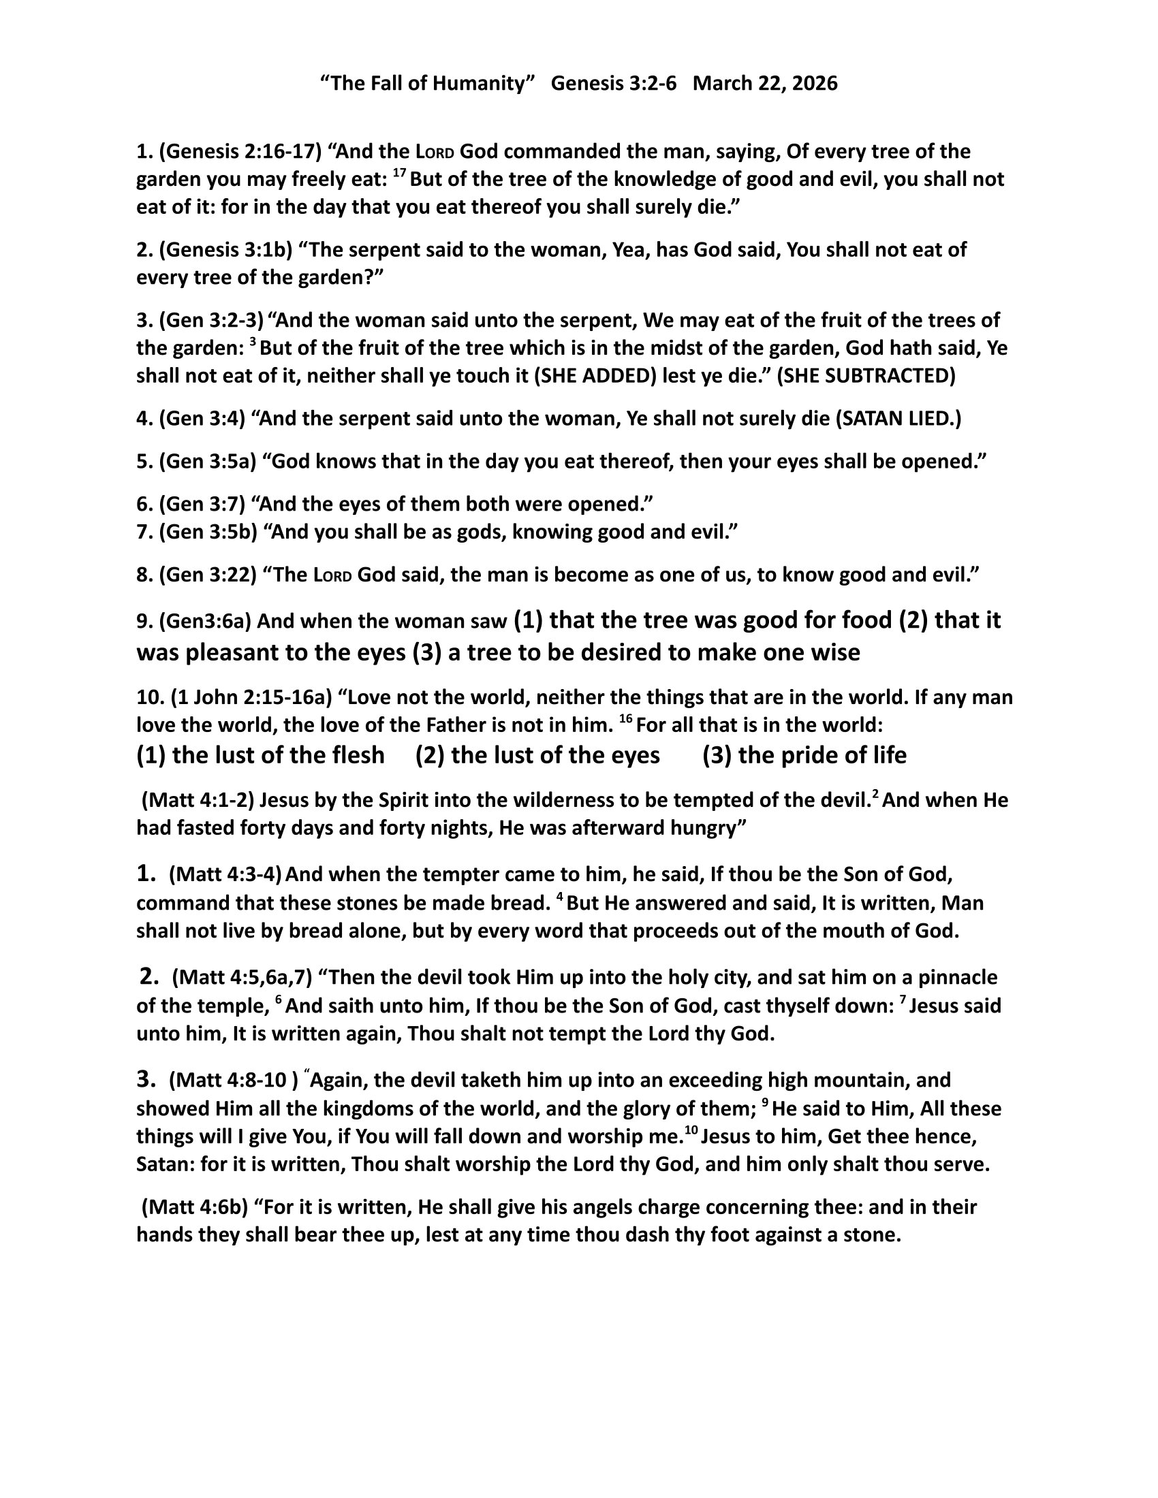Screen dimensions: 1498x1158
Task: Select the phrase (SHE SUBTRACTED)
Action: [866, 377]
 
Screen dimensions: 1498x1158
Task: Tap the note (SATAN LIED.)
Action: [898, 419]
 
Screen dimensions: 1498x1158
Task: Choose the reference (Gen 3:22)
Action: [207, 575]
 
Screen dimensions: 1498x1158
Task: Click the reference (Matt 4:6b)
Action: [195, 1207]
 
